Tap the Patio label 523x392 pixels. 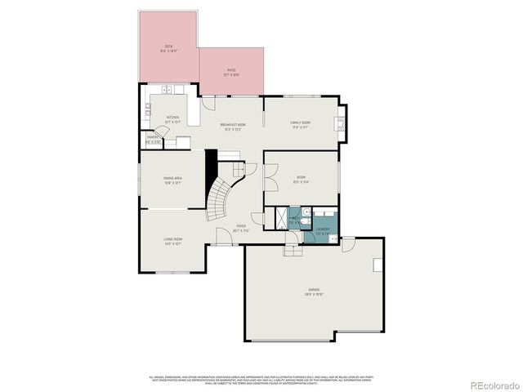[232, 71]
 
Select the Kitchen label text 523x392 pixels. [172, 118]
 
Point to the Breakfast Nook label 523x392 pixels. [233, 126]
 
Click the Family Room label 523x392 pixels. [301, 124]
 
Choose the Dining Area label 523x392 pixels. [172, 179]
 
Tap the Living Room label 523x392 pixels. [172, 240]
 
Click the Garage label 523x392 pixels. [314, 291]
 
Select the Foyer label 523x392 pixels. [241, 227]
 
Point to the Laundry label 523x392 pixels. [323, 230]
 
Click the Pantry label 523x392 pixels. [153, 140]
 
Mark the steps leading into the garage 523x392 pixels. [293, 249]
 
